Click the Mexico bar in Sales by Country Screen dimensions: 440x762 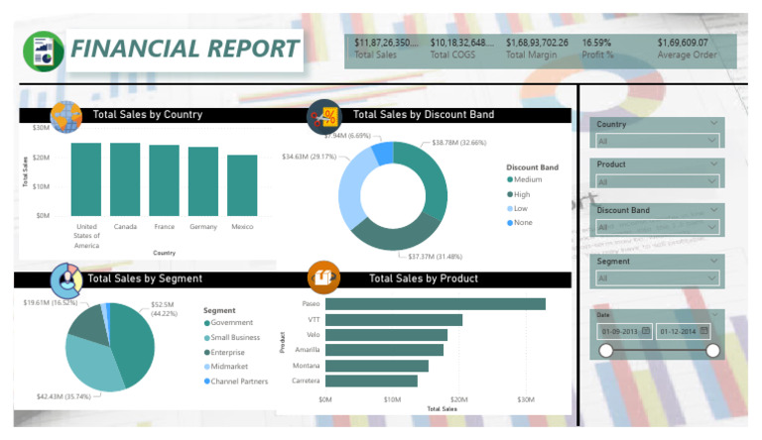[x=241, y=185]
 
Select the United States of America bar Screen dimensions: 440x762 [x=85, y=179]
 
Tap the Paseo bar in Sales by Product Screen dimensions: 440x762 [x=435, y=304]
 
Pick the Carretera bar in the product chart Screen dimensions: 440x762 [x=371, y=381]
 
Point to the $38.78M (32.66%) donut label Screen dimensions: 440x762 [x=459, y=143]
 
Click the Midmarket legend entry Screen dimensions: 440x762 [x=230, y=367]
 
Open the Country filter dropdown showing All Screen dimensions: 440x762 [x=657, y=142]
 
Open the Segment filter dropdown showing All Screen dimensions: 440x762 [x=657, y=278]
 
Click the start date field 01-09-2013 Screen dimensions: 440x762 [x=624, y=330]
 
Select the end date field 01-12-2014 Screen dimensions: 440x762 [x=684, y=330]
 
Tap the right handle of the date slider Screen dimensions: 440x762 [x=712, y=350]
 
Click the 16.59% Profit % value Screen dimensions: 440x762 [x=596, y=43]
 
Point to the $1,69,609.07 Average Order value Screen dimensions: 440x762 [x=683, y=43]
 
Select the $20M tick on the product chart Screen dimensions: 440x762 [x=460, y=399]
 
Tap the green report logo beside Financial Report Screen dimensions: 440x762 [x=44, y=50]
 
